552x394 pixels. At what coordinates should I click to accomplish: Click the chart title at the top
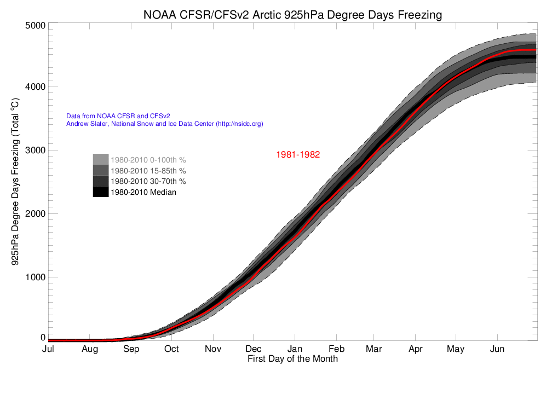click(292, 15)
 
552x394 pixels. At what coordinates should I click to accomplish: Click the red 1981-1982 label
click(297, 155)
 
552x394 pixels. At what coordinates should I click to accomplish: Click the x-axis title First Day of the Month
click(292, 360)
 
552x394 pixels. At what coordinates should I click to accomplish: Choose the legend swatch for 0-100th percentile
click(100, 160)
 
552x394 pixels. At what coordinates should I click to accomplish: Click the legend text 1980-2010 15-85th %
click(148, 171)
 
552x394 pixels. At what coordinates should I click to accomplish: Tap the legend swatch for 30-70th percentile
click(100, 181)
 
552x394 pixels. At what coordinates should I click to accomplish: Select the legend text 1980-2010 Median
click(143, 192)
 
